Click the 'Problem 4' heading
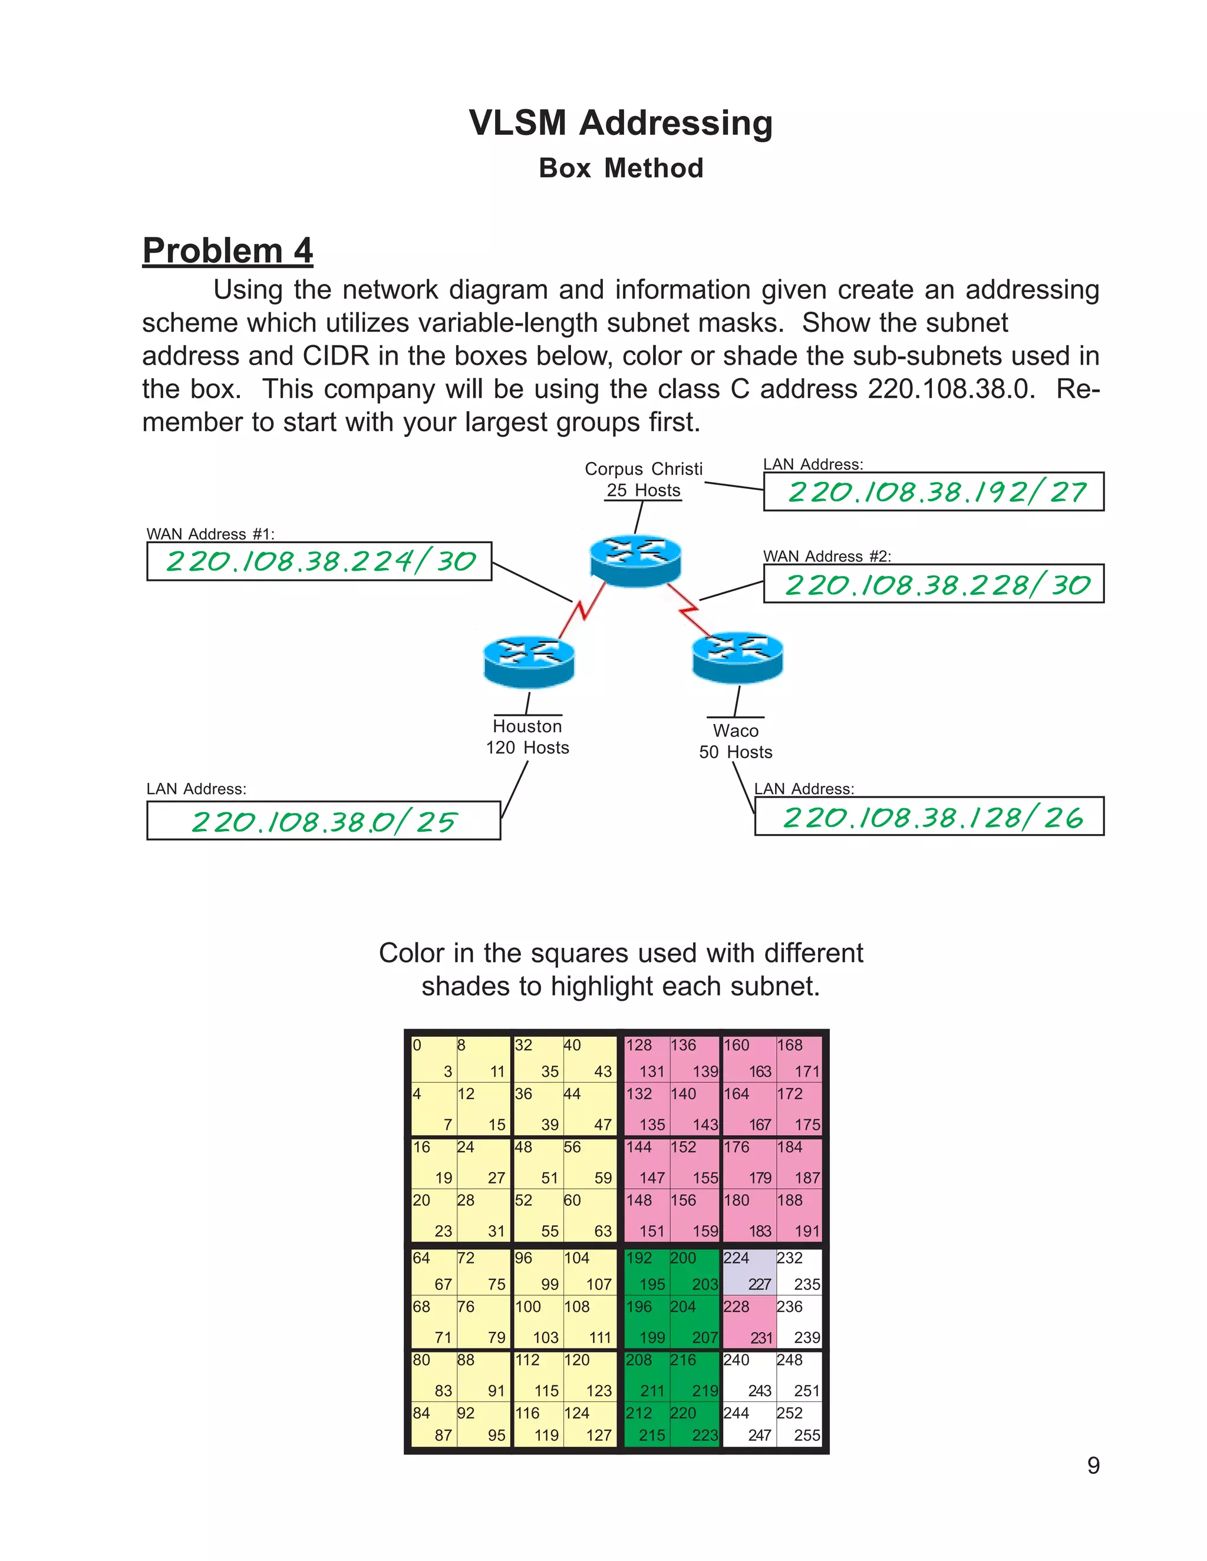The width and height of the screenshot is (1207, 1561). [x=227, y=251]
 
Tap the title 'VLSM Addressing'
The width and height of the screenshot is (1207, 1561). [x=621, y=123]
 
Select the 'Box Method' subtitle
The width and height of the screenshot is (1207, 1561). [x=621, y=168]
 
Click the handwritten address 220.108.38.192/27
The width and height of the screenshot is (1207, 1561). [x=936, y=492]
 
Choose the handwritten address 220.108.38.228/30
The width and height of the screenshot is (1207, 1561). [x=936, y=585]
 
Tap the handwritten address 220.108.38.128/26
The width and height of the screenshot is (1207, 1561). [x=932, y=817]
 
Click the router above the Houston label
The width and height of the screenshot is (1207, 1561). [x=529, y=660]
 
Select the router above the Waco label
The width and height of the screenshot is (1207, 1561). [x=737, y=656]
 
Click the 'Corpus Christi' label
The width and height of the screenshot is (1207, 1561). [x=644, y=469]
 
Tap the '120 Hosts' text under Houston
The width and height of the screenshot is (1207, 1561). [x=527, y=748]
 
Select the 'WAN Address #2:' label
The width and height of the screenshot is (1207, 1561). [x=827, y=557]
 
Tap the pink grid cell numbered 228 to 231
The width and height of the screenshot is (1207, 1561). [x=748, y=1322]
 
